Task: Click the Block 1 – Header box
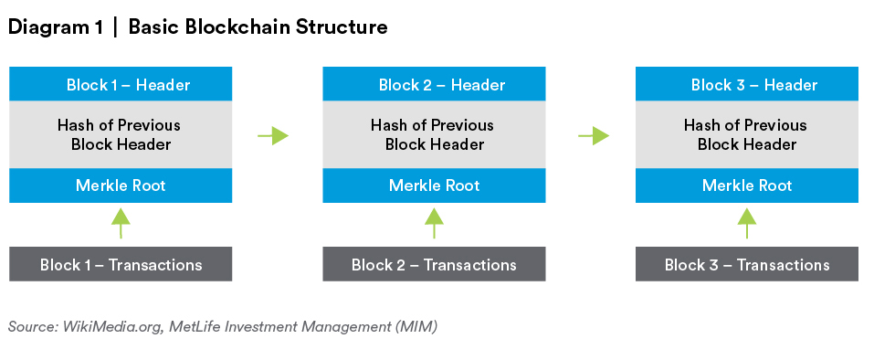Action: (x=121, y=84)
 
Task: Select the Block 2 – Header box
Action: (x=434, y=84)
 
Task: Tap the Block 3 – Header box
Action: (x=747, y=84)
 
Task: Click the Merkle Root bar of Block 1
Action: (x=121, y=185)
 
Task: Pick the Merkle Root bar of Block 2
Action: (x=434, y=185)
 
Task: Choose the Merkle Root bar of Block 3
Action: (x=747, y=185)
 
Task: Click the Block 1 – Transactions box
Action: (x=121, y=264)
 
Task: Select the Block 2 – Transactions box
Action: (x=434, y=264)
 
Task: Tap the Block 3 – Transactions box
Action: (x=747, y=264)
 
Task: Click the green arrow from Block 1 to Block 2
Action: (x=273, y=135)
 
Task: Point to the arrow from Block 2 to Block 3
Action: (x=594, y=135)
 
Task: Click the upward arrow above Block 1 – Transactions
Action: (x=121, y=224)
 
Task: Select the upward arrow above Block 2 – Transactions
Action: (x=434, y=224)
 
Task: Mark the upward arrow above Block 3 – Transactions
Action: (x=747, y=224)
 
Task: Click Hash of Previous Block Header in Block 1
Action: (x=120, y=134)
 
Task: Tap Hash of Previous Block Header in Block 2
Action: (x=433, y=134)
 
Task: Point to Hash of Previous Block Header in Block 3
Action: (x=746, y=134)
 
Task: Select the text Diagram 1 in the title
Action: (x=55, y=27)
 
